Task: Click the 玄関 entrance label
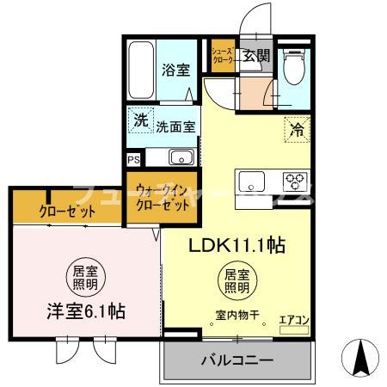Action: [x=255, y=57]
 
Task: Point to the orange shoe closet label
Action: [x=223, y=57]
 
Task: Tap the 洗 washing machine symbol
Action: [x=139, y=120]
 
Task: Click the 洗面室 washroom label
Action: [x=175, y=126]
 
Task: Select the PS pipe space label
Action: [x=134, y=159]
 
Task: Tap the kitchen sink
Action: [x=252, y=182]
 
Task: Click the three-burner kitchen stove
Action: [x=296, y=181]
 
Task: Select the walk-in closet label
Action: [x=163, y=196]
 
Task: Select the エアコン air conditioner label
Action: [x=294, y=320]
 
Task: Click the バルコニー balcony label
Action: [x=237, y=360]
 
